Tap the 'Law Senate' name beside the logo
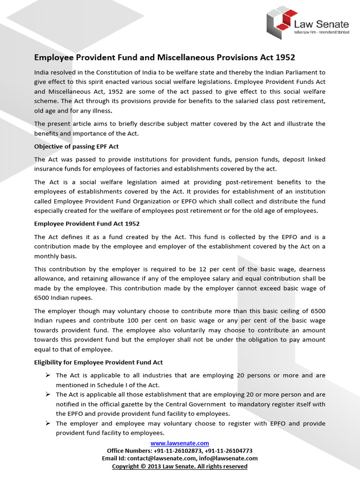coord(321,23)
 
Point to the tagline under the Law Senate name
coord(321,33)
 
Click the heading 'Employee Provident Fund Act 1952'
coord(87,224)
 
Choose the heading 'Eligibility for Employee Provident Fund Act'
coord(98,362)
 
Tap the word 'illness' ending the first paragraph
coord(100,111)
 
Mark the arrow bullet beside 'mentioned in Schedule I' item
coord(48,375)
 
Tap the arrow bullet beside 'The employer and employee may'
coord(48,423)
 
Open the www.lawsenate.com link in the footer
coord(180,443)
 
